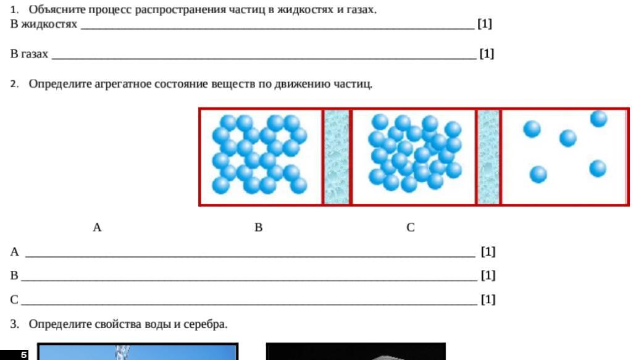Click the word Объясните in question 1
tap(57, 9)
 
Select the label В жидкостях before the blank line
tap(44, 24)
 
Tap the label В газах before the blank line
tap(29, 54)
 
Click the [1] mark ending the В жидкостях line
tap(485, 23)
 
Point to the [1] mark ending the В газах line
tap(487, 54)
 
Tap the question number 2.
tap(15, 84)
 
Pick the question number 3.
tap(15, 324)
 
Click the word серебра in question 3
tap(205, 324)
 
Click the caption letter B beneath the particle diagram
tap(258, 227)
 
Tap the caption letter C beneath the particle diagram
tap(411, 227)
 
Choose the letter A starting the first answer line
tap(15, 252)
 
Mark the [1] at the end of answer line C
tap(488, 299)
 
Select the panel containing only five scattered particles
tap(566, 157)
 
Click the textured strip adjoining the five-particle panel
tap(488, 157)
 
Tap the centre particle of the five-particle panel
tap(568, 138)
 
